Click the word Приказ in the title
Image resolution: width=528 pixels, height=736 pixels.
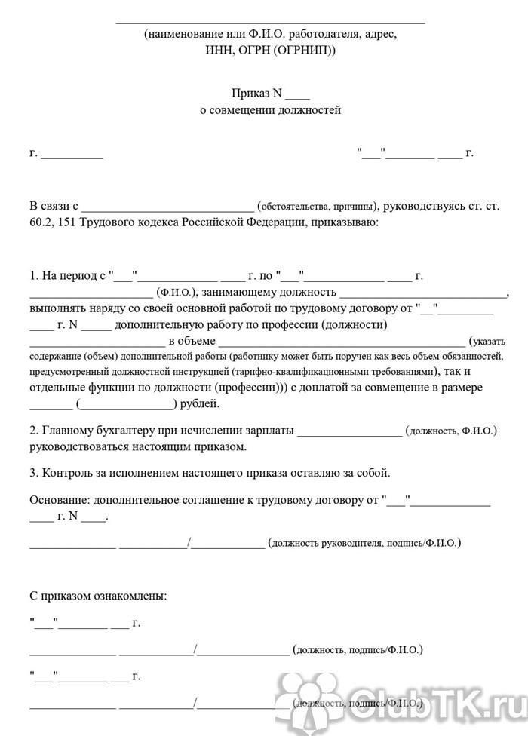[x=251, y=94]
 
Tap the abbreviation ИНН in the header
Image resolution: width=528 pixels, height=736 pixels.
[x=216, y=50]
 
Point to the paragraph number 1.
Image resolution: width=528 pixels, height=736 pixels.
[x=34, y=275]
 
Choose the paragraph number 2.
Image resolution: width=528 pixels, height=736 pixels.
[x=34, y=431]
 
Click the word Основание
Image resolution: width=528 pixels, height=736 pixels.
[x=61, y=500]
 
